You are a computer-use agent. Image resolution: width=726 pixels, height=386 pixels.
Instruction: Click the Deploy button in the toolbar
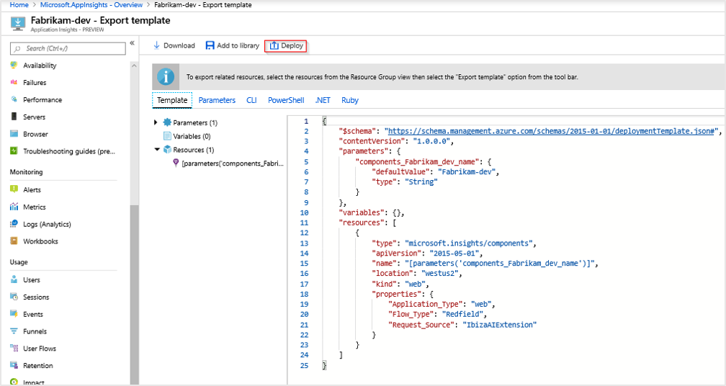(x=286, y=45)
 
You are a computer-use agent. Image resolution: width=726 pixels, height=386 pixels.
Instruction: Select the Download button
(x=174, y=45)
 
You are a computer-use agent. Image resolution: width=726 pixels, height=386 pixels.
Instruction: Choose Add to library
(x=232, y=45)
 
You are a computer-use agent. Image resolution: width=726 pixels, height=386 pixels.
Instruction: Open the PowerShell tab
(x=286, y=100)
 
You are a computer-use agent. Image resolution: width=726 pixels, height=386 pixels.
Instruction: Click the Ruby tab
(x=350, y=100)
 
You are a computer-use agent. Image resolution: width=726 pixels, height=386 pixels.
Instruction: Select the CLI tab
(x=251, y=100)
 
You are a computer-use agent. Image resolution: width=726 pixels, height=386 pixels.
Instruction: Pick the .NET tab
(x=323, y=100)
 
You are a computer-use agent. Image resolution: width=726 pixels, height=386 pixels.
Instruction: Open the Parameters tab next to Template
(x=217, y=100)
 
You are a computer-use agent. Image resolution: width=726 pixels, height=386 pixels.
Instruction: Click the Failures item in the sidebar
(x=35, y=83)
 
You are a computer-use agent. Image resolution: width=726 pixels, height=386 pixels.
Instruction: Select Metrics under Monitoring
(x=34, y=207)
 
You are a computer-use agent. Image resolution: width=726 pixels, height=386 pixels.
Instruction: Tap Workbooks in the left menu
(x=40, y=241)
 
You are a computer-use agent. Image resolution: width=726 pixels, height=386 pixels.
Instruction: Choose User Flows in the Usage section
(x=40, y=349)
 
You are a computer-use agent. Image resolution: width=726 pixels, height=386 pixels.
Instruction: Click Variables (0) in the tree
(x=192, y=136)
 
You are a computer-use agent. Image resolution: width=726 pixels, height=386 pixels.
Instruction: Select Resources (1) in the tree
(x=193, y=150)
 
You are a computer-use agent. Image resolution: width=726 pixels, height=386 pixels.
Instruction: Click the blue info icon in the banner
(x=166, y=76)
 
